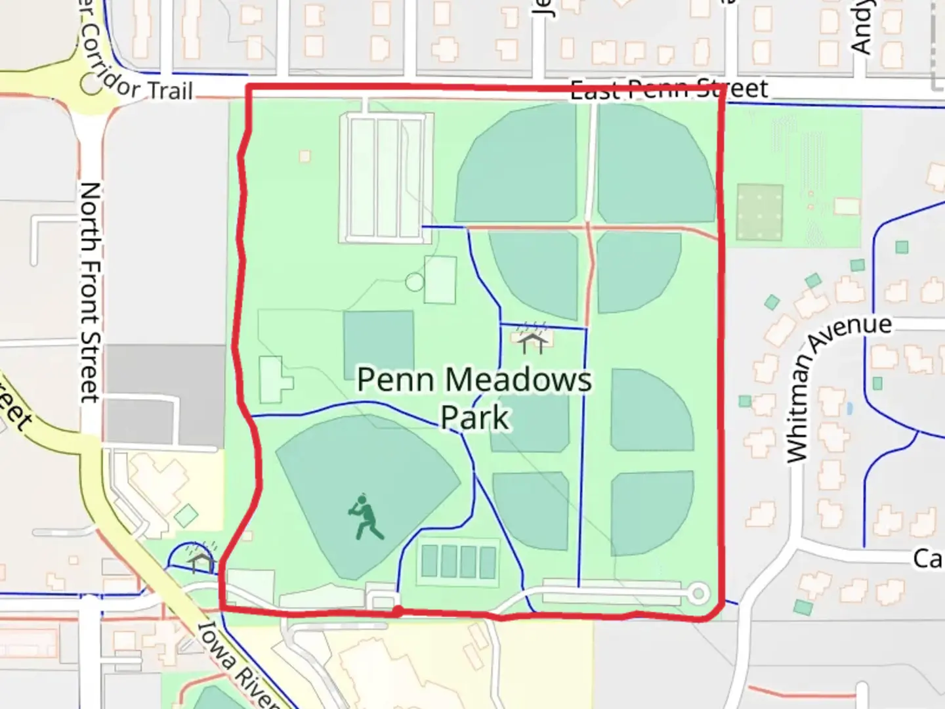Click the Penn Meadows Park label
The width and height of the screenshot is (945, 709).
474,398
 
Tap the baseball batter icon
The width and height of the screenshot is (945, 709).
365,517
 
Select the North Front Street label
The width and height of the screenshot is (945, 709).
90,292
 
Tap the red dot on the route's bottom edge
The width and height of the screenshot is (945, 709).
398,612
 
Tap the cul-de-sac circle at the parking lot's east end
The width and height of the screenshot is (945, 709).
699,594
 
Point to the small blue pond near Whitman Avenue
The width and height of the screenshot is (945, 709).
850,408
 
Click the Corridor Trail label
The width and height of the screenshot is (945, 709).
138,72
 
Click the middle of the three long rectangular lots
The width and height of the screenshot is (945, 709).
387,177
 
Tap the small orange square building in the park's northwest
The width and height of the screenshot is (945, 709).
304,156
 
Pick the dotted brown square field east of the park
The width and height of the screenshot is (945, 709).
759,212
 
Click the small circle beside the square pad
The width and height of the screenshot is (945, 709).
415,282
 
